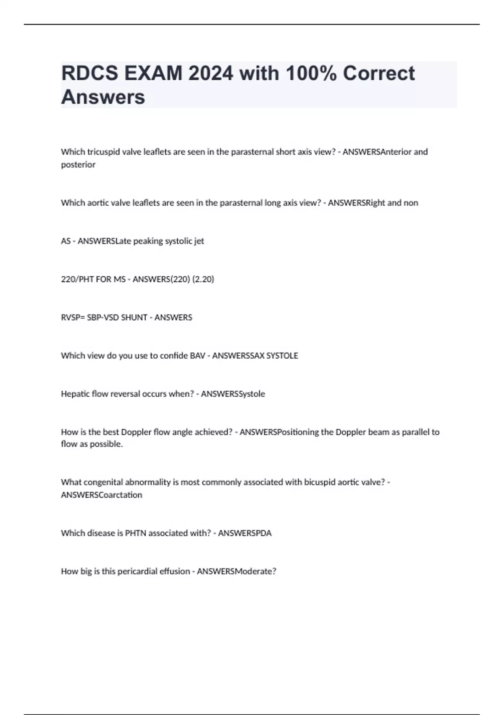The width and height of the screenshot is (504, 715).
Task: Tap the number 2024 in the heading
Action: [210, 74]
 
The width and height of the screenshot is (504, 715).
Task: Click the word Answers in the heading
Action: [103, 97]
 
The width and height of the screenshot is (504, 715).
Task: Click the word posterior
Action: [78, 164]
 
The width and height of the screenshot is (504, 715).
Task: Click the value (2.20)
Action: [203, 279]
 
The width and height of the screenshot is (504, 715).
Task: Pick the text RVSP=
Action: [73, 318]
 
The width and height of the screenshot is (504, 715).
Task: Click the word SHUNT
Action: [134, 318]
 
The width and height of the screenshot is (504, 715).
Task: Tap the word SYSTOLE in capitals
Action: [282, 356]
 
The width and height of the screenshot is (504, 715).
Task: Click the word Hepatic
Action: [74, 394]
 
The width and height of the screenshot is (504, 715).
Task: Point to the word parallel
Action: [416, 432]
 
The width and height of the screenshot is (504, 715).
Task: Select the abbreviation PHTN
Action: [135, 533]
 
